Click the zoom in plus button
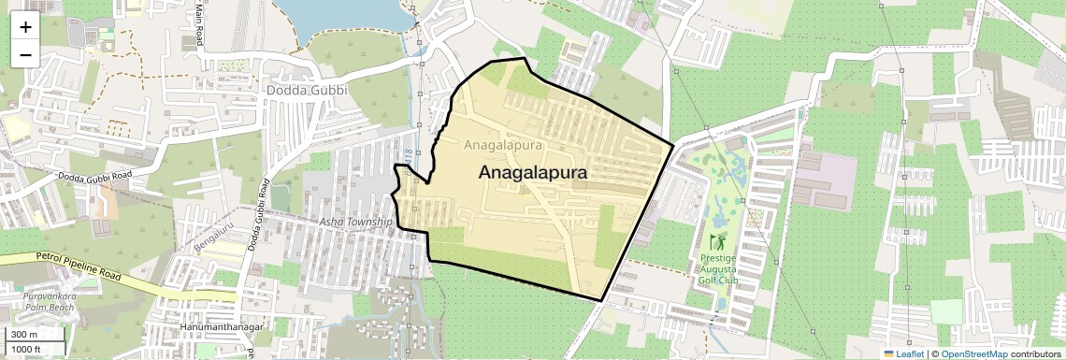click(25, 27)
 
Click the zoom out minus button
click(25, 54)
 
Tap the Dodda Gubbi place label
click(306, 91)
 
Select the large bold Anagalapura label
click(532, 173)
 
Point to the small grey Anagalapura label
click(503, 146)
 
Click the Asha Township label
click(355, 222)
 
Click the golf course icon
click(717, 241)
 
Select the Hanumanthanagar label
click(222, 327)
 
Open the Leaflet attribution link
click(904, 353)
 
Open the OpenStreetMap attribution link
click(973, 353)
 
